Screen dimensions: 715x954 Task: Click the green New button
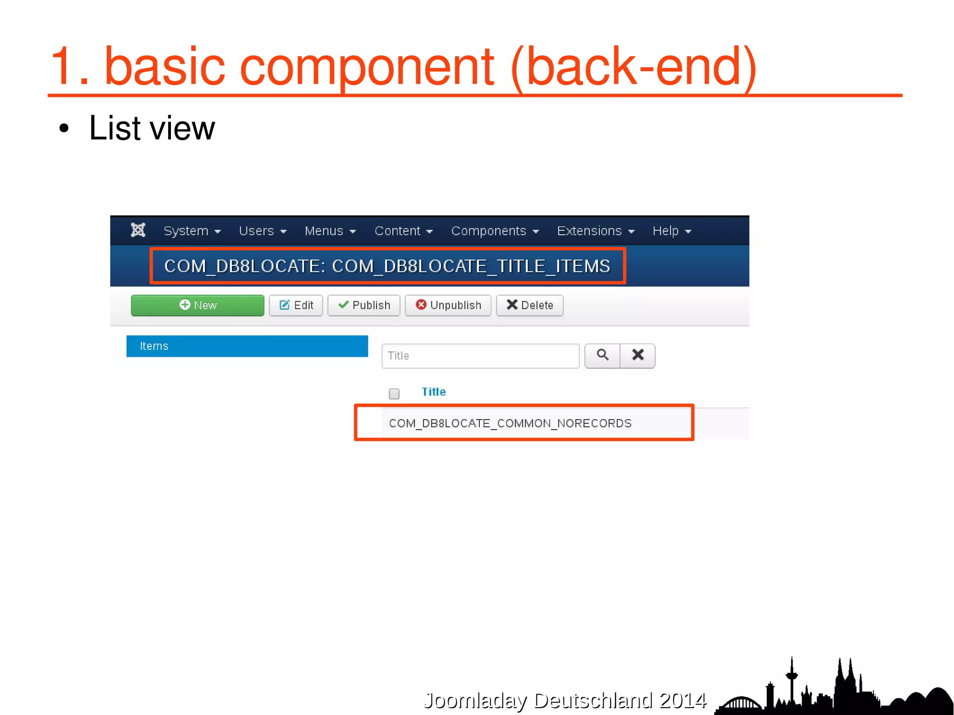(x=198, y=306)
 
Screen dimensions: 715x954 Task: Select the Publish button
(x=364, y=306)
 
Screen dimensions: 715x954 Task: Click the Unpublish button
(x=448, y=306)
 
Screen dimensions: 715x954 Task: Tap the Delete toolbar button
(x=530, y=306)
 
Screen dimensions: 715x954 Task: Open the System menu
(x=191, y=231)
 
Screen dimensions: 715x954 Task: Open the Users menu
(x=262, y=231)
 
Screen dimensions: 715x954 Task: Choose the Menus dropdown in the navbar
(x=330, y=231)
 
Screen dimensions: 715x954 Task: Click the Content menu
(x=403, y=231)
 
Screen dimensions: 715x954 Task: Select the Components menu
(x=494, y=231)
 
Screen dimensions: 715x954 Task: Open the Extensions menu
(x=595, y=231)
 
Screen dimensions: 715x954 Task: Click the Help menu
(x=671, y=231)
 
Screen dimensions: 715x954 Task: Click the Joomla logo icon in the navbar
(x=138, y=230)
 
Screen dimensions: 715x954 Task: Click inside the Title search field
(x=480, y=356)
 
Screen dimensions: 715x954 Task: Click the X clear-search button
(x=638, y=356)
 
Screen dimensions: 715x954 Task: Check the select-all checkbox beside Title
(x=394, y=394)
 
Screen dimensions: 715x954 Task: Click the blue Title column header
(x=434, y=392)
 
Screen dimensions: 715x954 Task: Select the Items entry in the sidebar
(x=247, y=346)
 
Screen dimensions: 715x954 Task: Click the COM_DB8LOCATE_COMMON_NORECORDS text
(x=510, y=423)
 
